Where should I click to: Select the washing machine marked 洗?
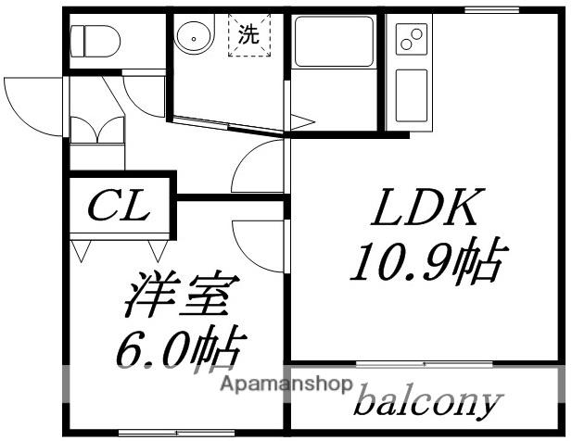pyautogui.click(x=248, y=38)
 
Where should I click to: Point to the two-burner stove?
pyautogui.click(x=410, y=40)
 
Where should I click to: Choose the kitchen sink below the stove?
pyautogui.click(x=410, y=93)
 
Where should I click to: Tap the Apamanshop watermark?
pyautogui.click(x=285, y=382)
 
